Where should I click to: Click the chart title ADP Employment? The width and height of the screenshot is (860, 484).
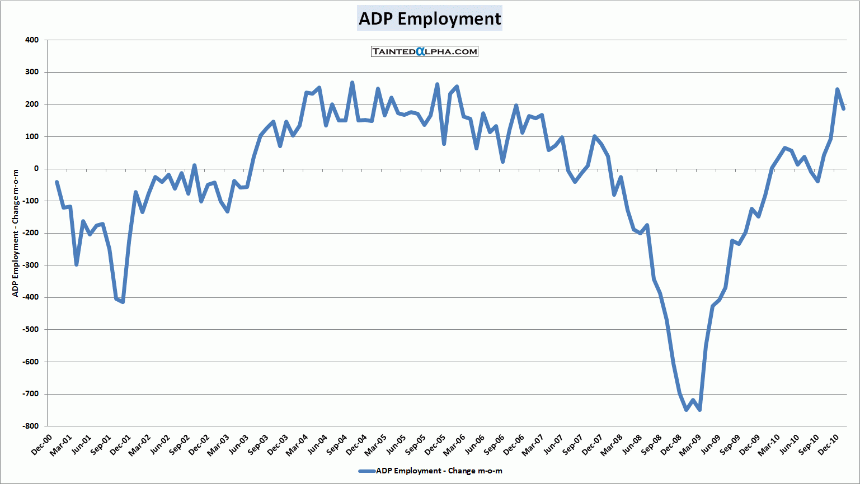tap(430, 18)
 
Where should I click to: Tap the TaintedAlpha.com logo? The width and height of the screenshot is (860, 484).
tap(425, 51)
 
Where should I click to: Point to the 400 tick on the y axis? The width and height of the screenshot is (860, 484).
tap(32, 40)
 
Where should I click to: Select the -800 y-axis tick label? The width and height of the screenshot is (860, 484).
tap(31, 426)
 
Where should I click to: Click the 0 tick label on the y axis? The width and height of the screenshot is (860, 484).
tap(36, 169)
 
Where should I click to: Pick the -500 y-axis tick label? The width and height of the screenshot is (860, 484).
tap(31, 330)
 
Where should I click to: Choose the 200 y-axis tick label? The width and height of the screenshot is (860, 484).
tap(32, 105)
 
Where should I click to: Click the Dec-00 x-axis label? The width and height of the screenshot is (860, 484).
tap(41, 445)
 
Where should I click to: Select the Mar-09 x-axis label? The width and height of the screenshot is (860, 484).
tap(689, 446)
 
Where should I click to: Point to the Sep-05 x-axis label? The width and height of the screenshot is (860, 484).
tap(415, 446)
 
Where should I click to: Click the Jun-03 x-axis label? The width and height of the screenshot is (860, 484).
tap(238, 445)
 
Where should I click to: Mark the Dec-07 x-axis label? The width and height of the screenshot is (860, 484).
tap(591, 445)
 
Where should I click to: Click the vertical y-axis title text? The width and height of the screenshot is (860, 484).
tap(16, 232)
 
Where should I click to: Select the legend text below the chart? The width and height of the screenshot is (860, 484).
tap(439, 471)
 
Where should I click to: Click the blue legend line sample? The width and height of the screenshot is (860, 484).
tap(366, 471)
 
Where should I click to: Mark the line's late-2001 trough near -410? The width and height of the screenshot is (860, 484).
tap(123, 302)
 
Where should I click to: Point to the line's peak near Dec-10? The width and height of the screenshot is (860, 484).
tap(837, 89)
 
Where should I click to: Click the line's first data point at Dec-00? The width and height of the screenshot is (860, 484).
tap(57, 182)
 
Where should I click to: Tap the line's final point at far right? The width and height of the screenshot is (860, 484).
tap(843, 108)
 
